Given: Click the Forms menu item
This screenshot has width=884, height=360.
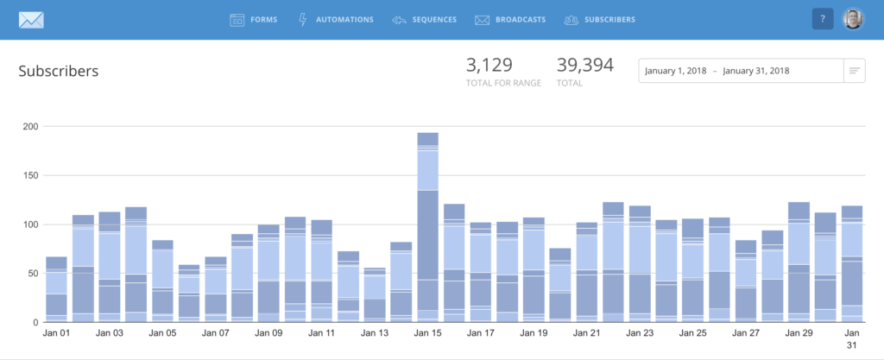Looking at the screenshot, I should click(254, 19).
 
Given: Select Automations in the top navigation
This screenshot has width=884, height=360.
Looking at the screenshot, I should click(336, 19).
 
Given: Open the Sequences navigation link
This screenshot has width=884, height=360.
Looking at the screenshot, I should click(424, 19).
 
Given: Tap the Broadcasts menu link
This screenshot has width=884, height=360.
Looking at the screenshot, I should click(509, 19).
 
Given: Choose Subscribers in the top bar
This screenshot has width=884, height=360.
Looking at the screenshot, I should click(599, 19).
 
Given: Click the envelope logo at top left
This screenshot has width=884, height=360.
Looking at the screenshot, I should click(31, 19).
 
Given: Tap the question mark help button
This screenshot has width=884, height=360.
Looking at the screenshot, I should click(823, 19).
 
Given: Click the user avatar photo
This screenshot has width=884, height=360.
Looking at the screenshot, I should click(853, 19).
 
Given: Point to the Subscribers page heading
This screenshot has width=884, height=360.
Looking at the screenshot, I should click(59, 71).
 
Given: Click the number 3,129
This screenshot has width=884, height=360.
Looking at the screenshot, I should click(489, 66).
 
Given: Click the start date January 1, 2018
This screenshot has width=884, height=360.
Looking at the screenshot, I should click(676, 71).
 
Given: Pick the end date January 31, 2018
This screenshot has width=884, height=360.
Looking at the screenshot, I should click(755, 71).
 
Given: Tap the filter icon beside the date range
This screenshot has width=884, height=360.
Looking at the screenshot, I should click(854, 71).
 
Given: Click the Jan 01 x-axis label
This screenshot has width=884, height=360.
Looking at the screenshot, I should click(56, 332).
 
